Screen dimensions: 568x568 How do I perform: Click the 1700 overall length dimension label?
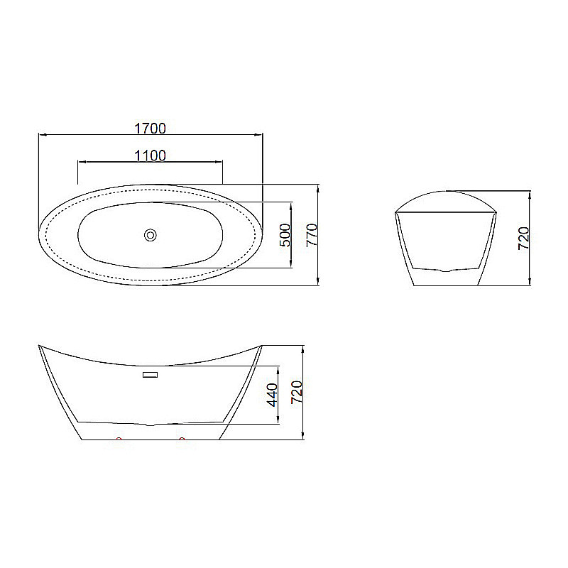(x=150, y=128)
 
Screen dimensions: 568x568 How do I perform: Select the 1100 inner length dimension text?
(x=150, y=155)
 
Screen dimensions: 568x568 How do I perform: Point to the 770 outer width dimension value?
(x=311, y=235)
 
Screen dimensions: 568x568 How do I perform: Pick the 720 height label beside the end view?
(x=524, y=239)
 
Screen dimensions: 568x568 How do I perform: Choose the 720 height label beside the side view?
(x=297, y=392)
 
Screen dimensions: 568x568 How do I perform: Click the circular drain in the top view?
(x=150, y=235)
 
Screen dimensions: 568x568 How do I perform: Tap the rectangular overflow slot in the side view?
(x=151, y=374)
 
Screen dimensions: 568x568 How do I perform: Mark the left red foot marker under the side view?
(x=119, y=440)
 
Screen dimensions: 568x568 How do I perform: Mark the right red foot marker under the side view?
(x=182, y=440)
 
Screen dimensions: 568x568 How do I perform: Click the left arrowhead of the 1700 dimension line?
(x=40, y=133)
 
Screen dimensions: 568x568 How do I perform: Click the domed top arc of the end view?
(x=445, y=193)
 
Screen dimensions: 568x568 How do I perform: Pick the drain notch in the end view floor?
(x=445, y=271)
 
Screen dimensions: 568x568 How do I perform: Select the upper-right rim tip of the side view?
(x=261, y=347)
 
